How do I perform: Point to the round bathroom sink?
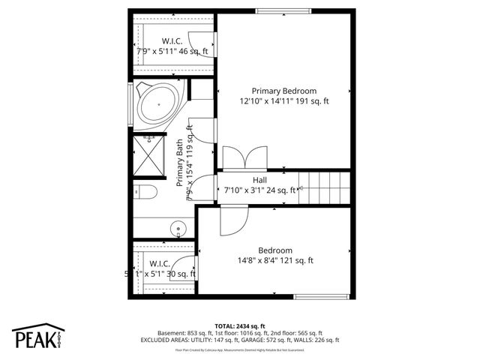tap(178, 228)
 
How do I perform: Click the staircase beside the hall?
tap(325, 188)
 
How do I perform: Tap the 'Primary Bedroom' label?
tap(283, 90)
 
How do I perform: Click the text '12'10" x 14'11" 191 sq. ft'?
tap(283, 100)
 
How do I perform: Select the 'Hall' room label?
tap(259, 180)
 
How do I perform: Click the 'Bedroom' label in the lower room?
tap(275, 250)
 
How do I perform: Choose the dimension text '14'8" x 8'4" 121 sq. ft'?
tap(275, 261)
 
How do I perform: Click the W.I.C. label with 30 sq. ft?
tap(161, 264)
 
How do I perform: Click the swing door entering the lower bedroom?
tap(232, 219)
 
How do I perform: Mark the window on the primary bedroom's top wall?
tap(280, 10)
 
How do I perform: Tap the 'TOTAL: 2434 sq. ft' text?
tap(239, 326)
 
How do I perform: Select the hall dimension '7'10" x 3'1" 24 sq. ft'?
tap(261, 190)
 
